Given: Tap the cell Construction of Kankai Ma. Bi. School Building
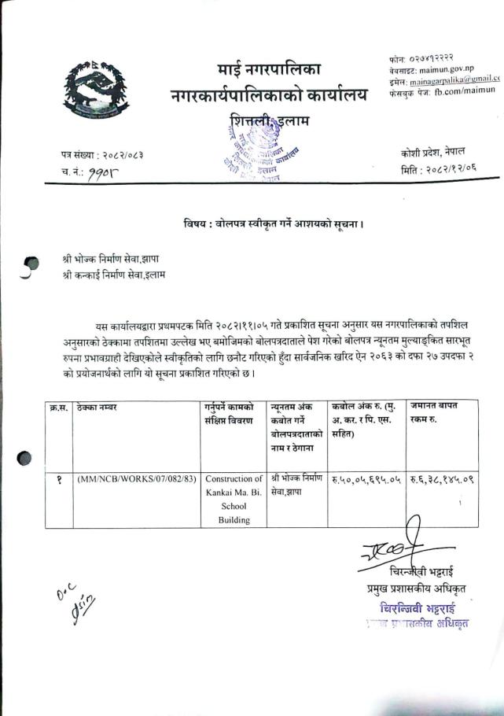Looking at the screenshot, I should (234, 499).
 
